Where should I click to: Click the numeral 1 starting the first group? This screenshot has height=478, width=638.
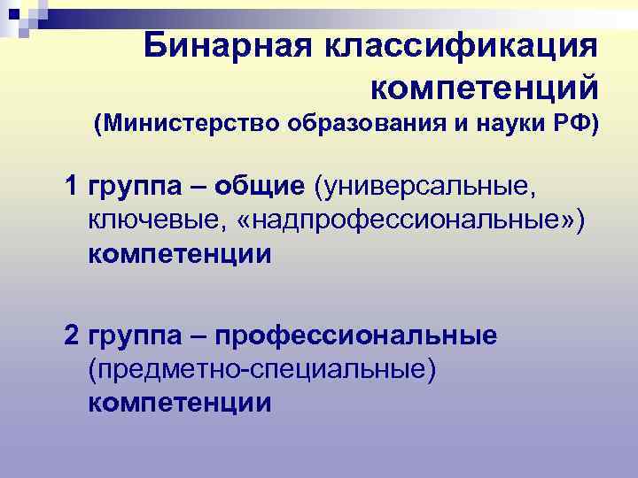pyautogui.click(x=71, y=187)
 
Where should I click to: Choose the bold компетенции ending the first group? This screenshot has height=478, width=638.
pyautogui.click(x=180, y=255)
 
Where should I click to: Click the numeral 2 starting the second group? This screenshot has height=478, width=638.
pyautogui.click(x=71, y=335)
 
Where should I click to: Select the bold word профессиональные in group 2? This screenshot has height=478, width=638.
pyautogui.click(x=357, y=335)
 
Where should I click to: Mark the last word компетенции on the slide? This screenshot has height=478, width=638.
pyautogui.click(x=180, y=404)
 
